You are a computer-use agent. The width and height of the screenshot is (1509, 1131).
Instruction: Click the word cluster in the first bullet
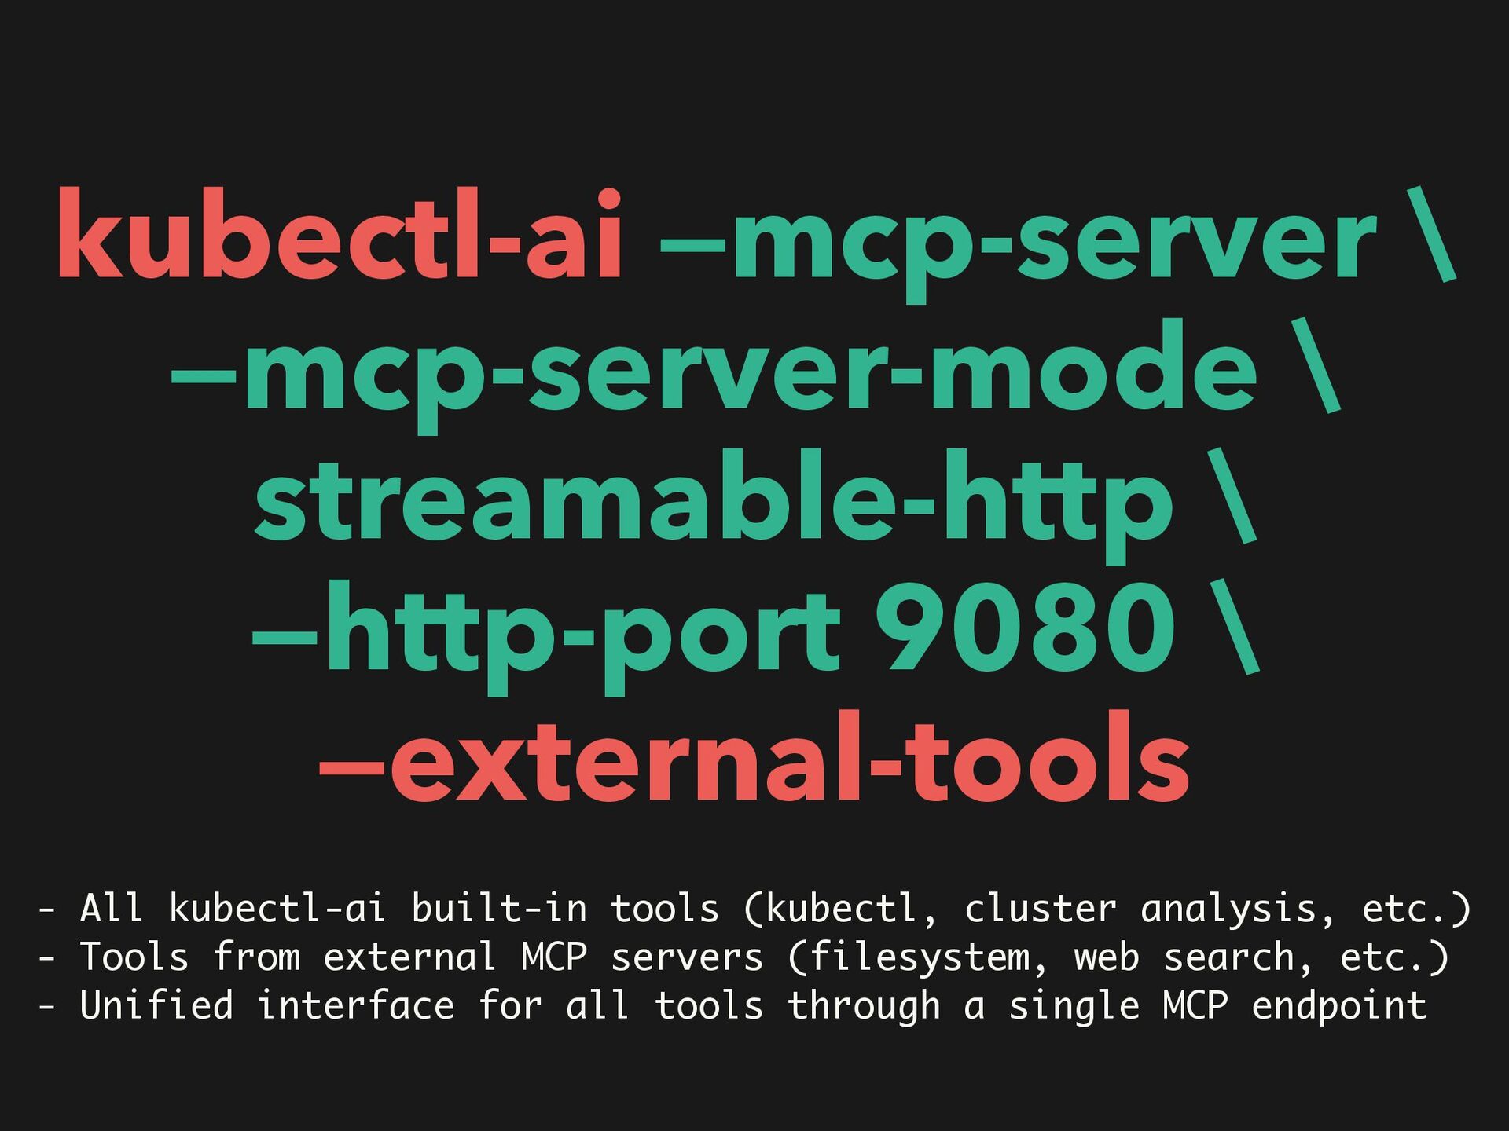pos(1040,909)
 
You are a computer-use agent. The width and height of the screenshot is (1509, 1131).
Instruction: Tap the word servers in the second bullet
pos(686,957)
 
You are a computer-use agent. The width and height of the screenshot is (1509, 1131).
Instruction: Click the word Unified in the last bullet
pos(156,1006)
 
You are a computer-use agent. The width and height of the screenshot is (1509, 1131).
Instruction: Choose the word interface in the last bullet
pos(355,1006)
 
